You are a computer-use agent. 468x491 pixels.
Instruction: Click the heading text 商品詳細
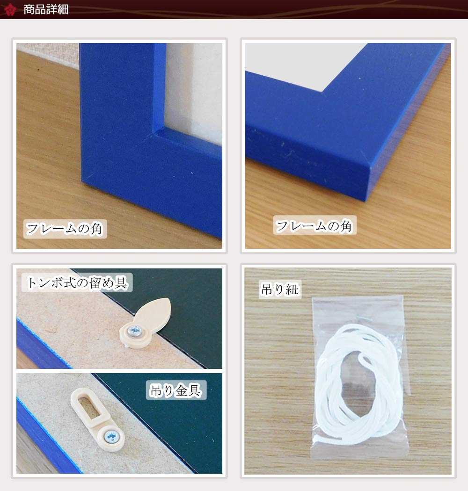tap(46, 9)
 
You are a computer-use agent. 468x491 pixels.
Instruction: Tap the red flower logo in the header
tap(10, 9)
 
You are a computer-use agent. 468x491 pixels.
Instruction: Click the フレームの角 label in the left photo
tap(65, 229)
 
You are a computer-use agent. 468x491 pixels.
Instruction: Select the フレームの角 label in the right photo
tap(314, 225)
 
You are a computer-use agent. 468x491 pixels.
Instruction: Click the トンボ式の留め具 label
tap(77, 282)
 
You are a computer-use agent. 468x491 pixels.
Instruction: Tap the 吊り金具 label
tap(176, 390)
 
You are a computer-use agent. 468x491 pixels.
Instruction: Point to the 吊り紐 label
tap(279, 289)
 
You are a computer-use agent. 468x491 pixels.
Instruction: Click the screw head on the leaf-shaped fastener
tap(135, 330)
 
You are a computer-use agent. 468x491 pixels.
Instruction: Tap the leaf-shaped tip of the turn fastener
tap(156, 311)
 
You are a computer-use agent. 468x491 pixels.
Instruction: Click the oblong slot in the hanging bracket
tap(90, 406)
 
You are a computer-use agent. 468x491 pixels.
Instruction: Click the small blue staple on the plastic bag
tap(364, 319)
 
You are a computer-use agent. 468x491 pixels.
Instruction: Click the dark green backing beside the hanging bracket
tap(175, 432)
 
